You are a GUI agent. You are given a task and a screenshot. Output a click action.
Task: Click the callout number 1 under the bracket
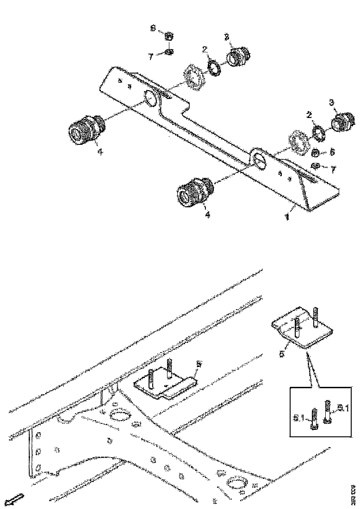tap(287, 216)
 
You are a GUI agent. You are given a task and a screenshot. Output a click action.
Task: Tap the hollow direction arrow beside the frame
tap(15, 499)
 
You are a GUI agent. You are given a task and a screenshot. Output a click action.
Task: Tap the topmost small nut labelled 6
tap(169, 36)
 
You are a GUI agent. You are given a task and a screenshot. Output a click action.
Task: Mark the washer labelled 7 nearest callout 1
tap(315, 166)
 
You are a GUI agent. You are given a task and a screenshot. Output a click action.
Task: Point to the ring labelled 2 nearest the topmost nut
tap(214, 67)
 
